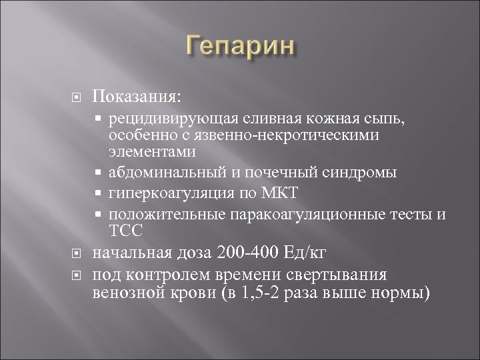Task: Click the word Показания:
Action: (x=136, y=99)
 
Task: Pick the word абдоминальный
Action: (x=157, y=173)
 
